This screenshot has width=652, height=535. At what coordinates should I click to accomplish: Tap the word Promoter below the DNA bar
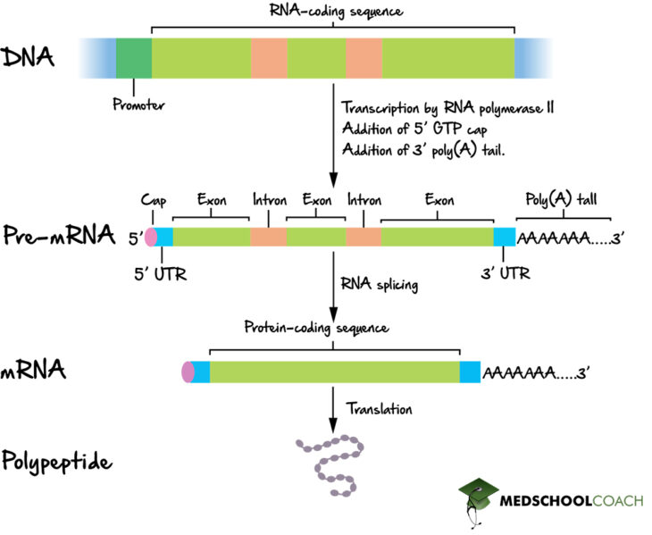(139, 104)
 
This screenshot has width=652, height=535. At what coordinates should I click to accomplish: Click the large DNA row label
(29, 58)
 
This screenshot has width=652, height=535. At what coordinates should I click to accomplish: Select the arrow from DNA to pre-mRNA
(332, 134)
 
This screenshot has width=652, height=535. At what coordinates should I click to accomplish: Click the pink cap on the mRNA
(187, 372)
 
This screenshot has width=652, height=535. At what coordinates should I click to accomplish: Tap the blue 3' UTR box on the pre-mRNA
(505, 238)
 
